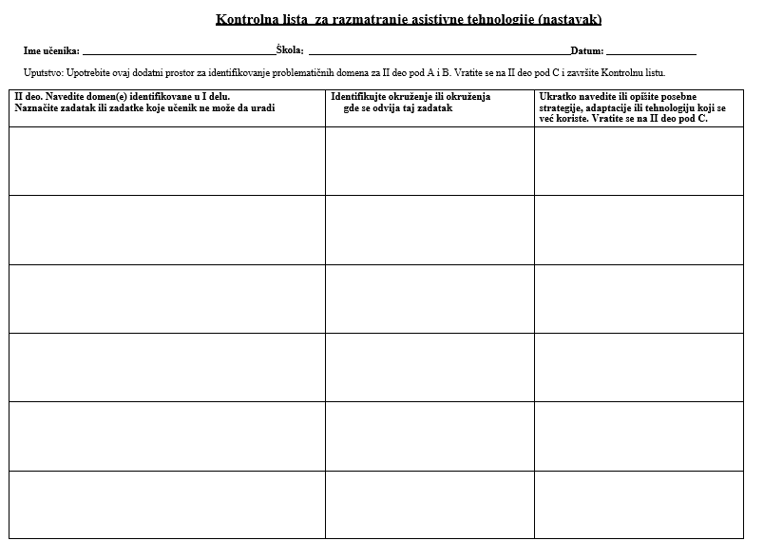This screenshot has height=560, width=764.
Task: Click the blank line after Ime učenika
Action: click(179, 52)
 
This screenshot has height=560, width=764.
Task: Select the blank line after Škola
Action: click(439, 52)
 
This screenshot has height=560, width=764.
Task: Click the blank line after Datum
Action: click(651, 52)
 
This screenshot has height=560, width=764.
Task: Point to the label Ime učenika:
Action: click(51, 51)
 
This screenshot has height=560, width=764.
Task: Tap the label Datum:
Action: click(586, 51)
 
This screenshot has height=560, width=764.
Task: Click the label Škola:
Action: click(290, 49)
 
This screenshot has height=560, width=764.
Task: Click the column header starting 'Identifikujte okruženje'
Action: click(411, 103)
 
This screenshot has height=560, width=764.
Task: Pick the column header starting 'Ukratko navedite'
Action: click(632, 107)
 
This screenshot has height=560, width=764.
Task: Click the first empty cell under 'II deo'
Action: click(167, 161)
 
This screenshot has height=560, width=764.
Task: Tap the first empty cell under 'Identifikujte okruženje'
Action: click(430, 161)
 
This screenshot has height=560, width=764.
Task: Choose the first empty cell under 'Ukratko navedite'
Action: click(639, 161)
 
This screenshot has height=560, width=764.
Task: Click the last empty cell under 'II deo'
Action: click(167, 505)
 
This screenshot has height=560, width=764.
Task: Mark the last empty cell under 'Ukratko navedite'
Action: click(639, 505)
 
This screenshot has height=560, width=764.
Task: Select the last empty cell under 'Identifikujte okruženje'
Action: click(430, 505)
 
